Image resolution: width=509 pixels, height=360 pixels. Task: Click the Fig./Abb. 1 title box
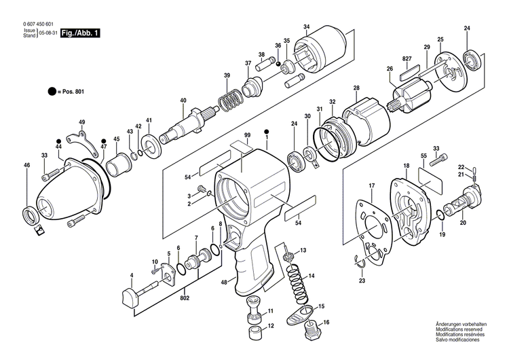[x=79, y=32]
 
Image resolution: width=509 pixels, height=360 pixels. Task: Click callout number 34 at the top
[x=307, y=27]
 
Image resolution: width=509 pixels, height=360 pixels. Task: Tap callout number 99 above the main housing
[x=248, y=137]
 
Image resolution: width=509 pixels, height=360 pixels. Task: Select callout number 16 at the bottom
[x=325, y=323]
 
